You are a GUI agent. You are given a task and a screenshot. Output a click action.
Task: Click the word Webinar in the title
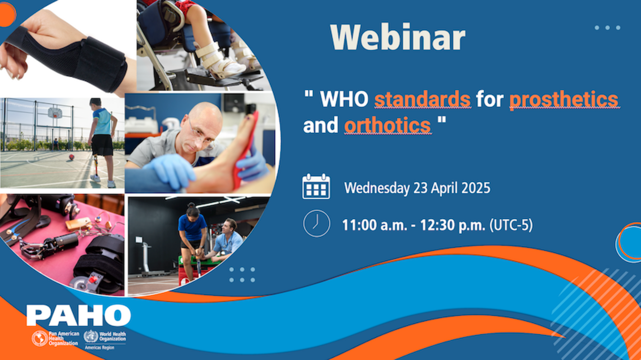[397, 37]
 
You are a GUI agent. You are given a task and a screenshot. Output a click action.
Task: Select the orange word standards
[423, 99]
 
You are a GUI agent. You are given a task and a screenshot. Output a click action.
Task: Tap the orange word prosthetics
[564, 99]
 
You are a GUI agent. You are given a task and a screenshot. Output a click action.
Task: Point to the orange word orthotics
[387, 125]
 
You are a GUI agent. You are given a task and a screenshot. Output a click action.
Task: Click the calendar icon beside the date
[316, 187]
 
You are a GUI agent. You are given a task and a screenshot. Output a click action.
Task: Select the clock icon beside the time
[316, 223]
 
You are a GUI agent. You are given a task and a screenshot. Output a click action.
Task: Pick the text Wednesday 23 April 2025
[417, 188]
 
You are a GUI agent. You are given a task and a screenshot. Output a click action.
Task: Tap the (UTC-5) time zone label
[511, 224]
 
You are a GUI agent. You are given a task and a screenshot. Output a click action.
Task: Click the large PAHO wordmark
[79, 315]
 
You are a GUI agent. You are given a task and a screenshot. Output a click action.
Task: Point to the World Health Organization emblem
[91, 337]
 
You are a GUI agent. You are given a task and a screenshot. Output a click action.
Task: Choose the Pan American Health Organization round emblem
[39, 338]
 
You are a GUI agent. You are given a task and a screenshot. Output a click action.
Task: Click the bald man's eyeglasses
[201, 135]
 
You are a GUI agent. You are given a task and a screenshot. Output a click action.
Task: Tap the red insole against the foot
[246, 149]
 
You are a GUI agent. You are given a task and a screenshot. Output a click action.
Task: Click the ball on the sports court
[71, 157]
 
